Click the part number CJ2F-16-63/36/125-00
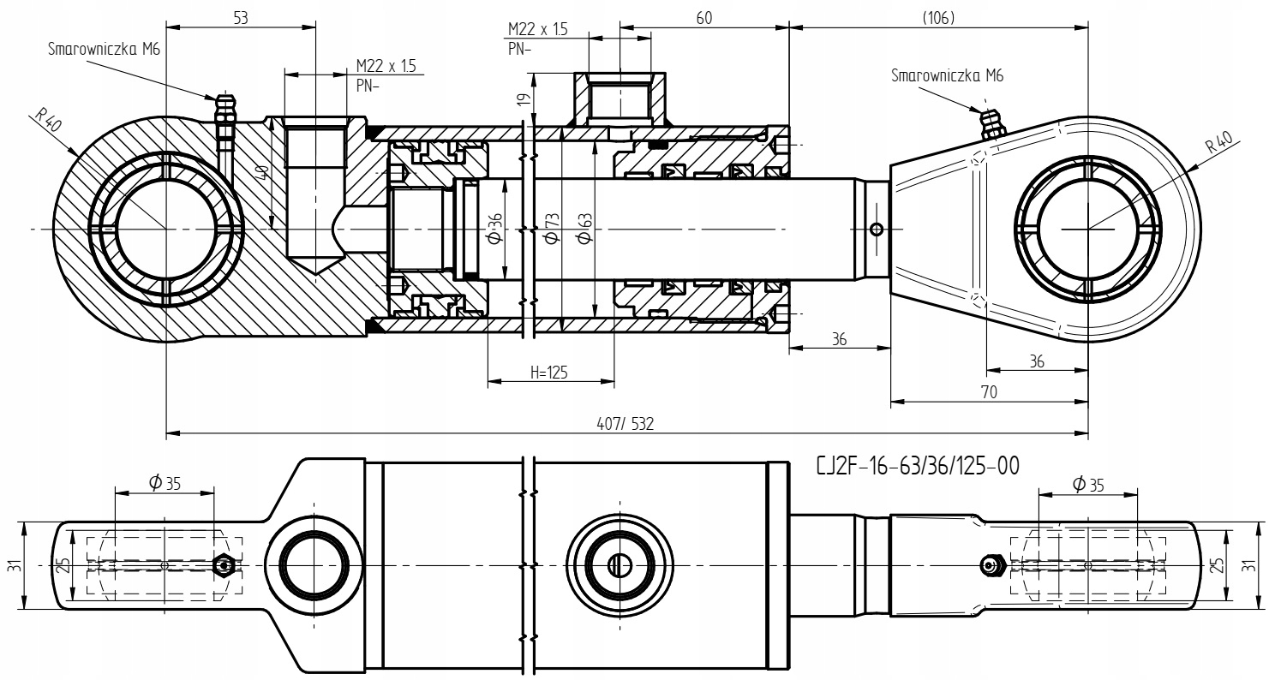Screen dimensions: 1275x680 click(x=918, y=466)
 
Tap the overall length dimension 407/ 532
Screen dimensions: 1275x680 click(x=625, y=424)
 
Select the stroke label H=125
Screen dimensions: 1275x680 click(x=549, y=373)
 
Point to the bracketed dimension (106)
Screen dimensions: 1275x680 click(x=938, y=18)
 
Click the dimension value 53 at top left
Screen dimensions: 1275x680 click(x=241, y=18)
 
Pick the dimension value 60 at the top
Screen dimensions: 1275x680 click(x=704, y=18)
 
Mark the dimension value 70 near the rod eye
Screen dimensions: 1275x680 click(x=990, y=392)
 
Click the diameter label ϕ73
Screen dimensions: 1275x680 click(x=552, y=229)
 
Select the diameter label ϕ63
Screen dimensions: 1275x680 click(x=584, y=229)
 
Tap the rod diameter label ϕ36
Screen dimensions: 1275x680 click(x=495, y=228)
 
